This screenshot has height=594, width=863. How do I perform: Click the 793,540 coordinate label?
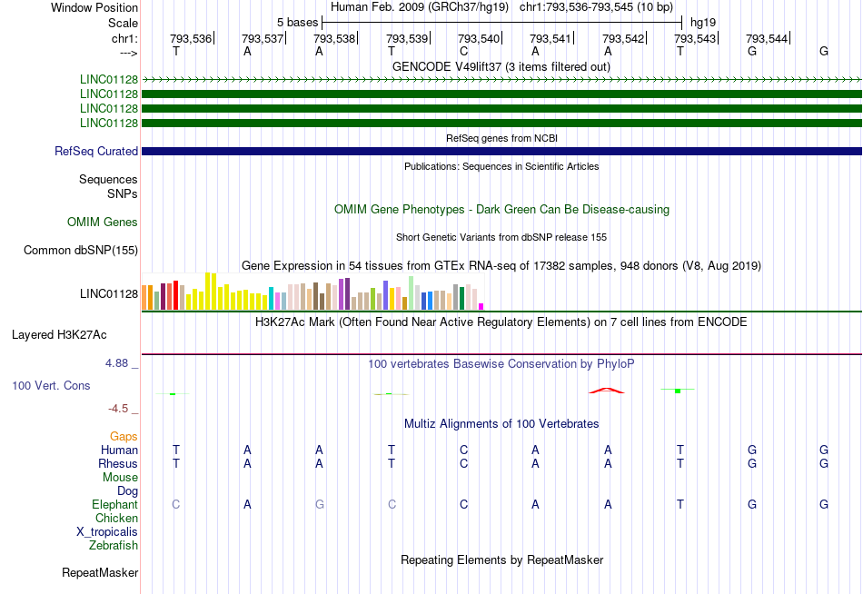pos(479,38)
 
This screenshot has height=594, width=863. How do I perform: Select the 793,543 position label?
pos(695,38)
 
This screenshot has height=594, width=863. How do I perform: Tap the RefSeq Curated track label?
pos(96,152)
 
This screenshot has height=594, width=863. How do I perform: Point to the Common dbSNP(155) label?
pos(81,251)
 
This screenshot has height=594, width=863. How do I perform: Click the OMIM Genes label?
pos(103,223)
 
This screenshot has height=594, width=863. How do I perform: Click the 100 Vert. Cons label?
pos(51,386)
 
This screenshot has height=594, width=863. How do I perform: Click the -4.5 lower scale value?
pos(121,409)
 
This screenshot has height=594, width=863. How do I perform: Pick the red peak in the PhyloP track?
pos(606,390)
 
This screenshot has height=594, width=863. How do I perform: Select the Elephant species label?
pos(114,505)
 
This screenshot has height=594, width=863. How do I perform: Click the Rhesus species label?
pos(118,464)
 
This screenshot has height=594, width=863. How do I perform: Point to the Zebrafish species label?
pos(114,546)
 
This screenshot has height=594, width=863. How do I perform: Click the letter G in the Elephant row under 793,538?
pos(319,505)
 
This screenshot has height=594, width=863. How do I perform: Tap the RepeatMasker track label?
pos(100,573)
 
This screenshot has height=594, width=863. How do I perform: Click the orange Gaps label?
pos(124,437)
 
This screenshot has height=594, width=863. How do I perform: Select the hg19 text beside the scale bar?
pos(702,22)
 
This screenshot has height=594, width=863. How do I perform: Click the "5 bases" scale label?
pos(298,22)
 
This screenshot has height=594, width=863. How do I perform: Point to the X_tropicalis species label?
pos(107,532)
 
